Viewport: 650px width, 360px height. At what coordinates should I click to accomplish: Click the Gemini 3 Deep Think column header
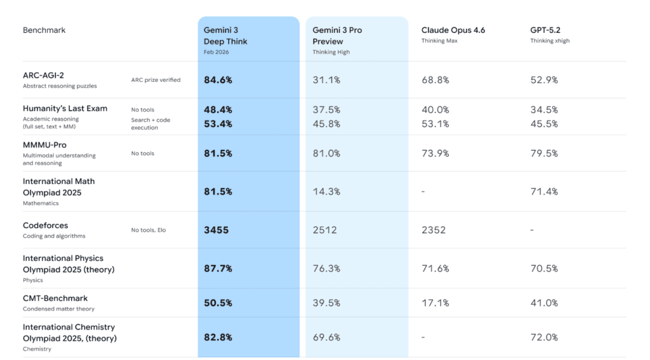click(x=225, y=36)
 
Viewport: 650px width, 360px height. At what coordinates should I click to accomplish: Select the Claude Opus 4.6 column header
click(x=453, y=30)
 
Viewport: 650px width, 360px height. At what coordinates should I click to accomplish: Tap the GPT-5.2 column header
click(x=545, y=30)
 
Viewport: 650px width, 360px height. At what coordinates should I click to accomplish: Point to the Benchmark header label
click(x=44, y=30)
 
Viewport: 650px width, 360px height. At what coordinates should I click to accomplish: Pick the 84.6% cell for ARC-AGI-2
click(x=218, y=80)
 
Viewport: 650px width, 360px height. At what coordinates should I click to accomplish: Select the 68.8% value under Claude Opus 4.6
click(x=435, y=80)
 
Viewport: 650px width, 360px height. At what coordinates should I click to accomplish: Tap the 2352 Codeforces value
click(x=434, y=230)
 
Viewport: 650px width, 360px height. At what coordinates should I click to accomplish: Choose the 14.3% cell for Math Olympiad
click(x=326, y=191)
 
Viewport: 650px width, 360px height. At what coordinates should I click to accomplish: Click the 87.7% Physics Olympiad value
click(x=218, y=269)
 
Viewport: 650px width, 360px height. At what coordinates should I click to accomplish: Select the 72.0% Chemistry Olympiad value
click(x=544, y=337)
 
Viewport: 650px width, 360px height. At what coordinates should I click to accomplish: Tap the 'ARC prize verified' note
click(x=156, y=80)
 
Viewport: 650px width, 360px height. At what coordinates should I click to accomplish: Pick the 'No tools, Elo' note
click(x=148, y=230)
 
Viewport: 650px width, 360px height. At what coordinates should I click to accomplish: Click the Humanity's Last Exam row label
click(x=65, y=109)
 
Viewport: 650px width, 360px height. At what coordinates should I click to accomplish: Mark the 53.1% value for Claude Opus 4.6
click(x=435, y=124)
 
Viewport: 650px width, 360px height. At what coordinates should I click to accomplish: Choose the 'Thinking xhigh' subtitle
click(x=550, y=41)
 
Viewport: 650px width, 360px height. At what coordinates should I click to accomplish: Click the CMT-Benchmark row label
click(x=55, y=298)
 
